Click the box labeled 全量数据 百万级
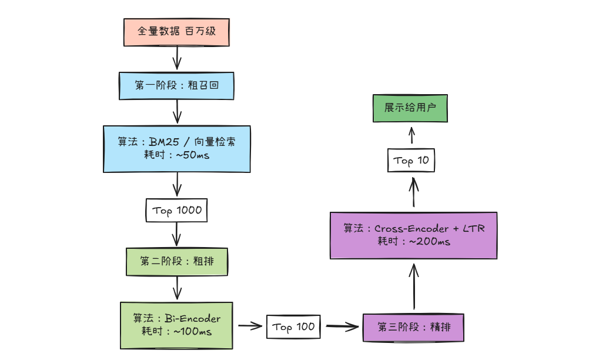click(x=176, y=32)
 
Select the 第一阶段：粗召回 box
click(x=176, y=86)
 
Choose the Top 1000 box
click(x=176, y=211)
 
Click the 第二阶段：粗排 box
click(x=176, y=262)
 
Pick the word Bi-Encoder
click(x=192, y=319)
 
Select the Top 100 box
click(x=294, y=326)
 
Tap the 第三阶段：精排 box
click(x=415, y=327)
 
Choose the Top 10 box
click(x=411, y=160)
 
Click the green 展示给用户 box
click(x=410, y=108)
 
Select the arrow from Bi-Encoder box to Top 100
click(x=250, y=325)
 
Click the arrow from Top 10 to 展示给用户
click(x=411, y=136)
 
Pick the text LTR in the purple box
click(x=474, y=228)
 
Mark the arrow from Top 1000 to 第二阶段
click(x=176, y=235)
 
